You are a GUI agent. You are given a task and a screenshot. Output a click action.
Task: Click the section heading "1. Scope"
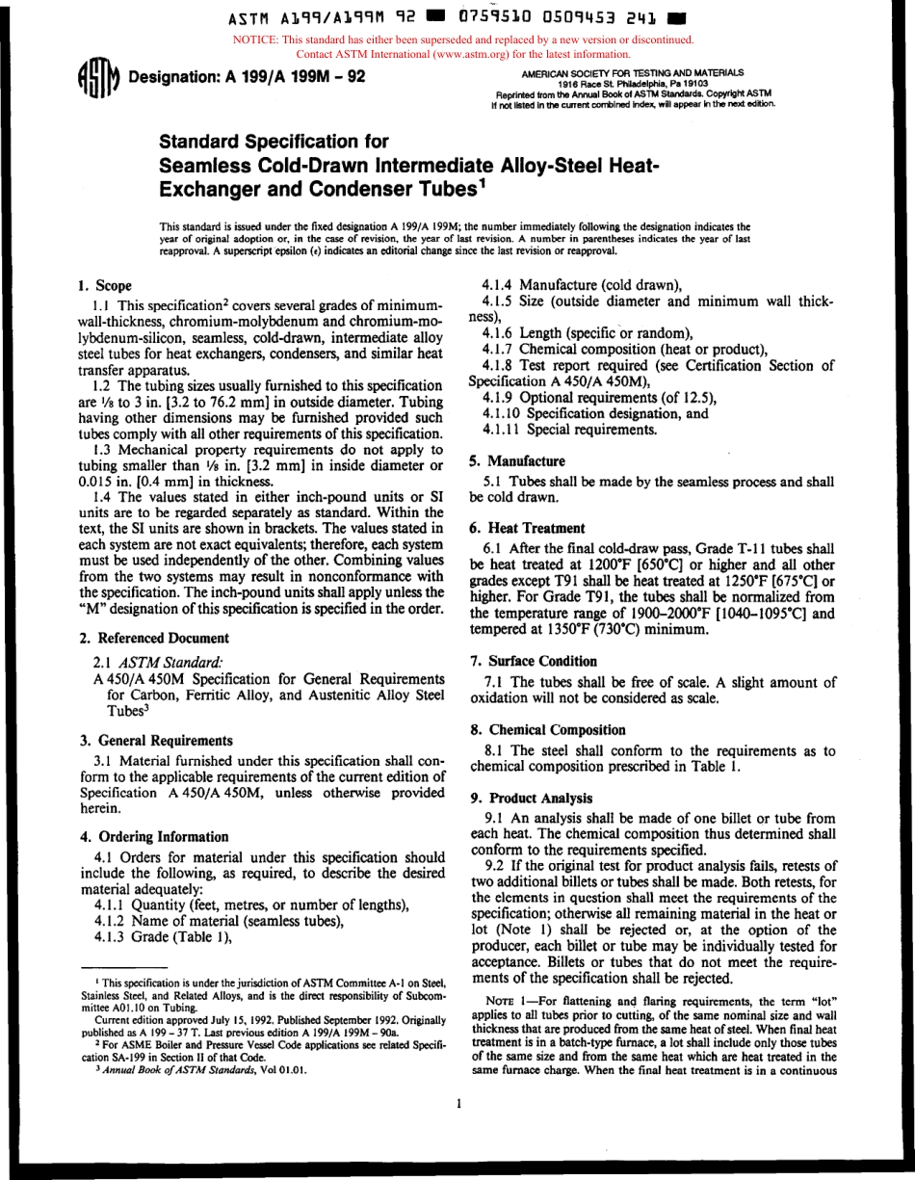(104, 285)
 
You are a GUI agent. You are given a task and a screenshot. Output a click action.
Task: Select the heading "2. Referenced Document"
(152, 638)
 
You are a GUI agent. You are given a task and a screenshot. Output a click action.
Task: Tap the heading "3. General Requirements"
(154, 741)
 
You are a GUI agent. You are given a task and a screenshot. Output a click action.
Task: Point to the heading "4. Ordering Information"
(153, 836)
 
